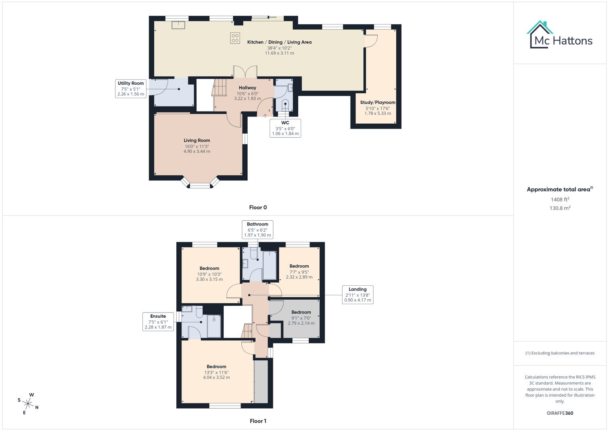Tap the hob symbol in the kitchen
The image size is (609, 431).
pyautogui.click(x=235, y=38)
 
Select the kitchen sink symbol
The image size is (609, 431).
pyautogui.click(x=178, y=25)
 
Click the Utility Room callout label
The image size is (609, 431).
pyautogui.click(x=131, y=89)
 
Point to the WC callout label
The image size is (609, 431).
pyautogui.click(x=285, y=128)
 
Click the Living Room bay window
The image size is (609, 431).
pyautogui.click(x=200, y=185)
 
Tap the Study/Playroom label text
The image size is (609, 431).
pyautogui.click(x=378, y=103)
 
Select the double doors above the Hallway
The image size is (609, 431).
pyautogui.click(x=245, y=72)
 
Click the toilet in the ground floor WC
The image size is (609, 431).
pyautogui.click(x=285, y=105)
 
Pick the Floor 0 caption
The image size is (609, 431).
pyautogui.click(x=258, y=208)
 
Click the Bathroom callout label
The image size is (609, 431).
pyautogui.click(x=258, y=229)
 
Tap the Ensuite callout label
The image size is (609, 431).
pyautogui.click(x=158, y=322)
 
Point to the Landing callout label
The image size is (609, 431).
pyautogui.click(x=358, y=295)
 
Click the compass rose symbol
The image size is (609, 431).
pyautogui.click(x=28, y=403)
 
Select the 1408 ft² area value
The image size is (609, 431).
pyautogui.click(x=560, y=200)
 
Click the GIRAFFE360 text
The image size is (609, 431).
pyautogui.click(x=560, y=413)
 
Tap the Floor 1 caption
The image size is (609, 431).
pyautogui.click(x=258, y=421)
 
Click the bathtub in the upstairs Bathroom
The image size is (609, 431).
pyautogui.click(x=270, y=265)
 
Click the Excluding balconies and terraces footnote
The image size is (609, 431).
pyautogui.click(x=560, y=353)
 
